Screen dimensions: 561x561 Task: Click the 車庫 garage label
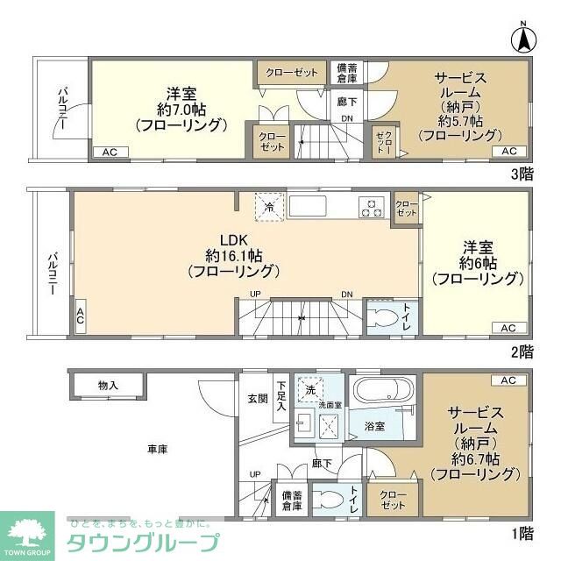coord(157,450)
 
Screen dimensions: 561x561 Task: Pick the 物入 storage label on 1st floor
coord(109,385)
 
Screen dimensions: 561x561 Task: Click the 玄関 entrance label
coord(256,399)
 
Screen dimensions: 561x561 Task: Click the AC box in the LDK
coord(81,313)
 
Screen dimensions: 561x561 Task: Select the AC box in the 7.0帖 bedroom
coord(110,153)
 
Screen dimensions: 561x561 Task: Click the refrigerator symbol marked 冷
coord(267,208)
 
